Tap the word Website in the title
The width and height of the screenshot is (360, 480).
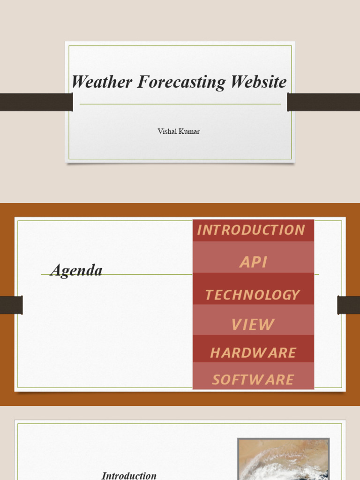pyautogui.click(x=258, y=82)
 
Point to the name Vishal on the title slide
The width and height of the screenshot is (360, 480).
pyautogui.click(x=167, y=131)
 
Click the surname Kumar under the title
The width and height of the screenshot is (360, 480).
pyautogui.click(x=189, y=131)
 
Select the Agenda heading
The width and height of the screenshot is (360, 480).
pyautogui.click(x=76, y=270)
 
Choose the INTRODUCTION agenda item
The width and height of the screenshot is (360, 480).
pyautogui.click(x=251, y=230)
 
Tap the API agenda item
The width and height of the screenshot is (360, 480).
pyautogui.click(x=253, y=262)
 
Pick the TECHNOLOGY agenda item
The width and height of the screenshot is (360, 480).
pyautogui.click(x=252, y=295)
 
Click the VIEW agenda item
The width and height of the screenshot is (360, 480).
pyautogui.click(x=253, y=324)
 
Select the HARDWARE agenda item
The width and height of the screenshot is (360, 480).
pyautogui.click(x=253, y=353)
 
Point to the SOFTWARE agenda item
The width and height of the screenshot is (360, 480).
pyautogui.click(x=253, y=380)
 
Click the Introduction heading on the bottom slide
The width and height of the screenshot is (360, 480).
pyautogui.click(x=129, y=475)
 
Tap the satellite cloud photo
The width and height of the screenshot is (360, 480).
pyautogui.click(x=283, y=459)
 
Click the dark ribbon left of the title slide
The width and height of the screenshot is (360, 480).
pyautogui.click(x=36, y=102)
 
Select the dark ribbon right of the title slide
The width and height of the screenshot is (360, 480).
pyautogui.click(x=323, y=102)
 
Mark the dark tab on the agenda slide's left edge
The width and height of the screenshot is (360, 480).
pyautogui.click(x=11, y=305)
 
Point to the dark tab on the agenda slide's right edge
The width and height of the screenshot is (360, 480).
pyautogui.click(x=349, y=305)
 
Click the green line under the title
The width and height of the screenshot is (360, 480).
pyautogui.click(x=180, y=104)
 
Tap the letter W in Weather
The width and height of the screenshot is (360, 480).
pyautogui.click(x=79, y=82)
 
